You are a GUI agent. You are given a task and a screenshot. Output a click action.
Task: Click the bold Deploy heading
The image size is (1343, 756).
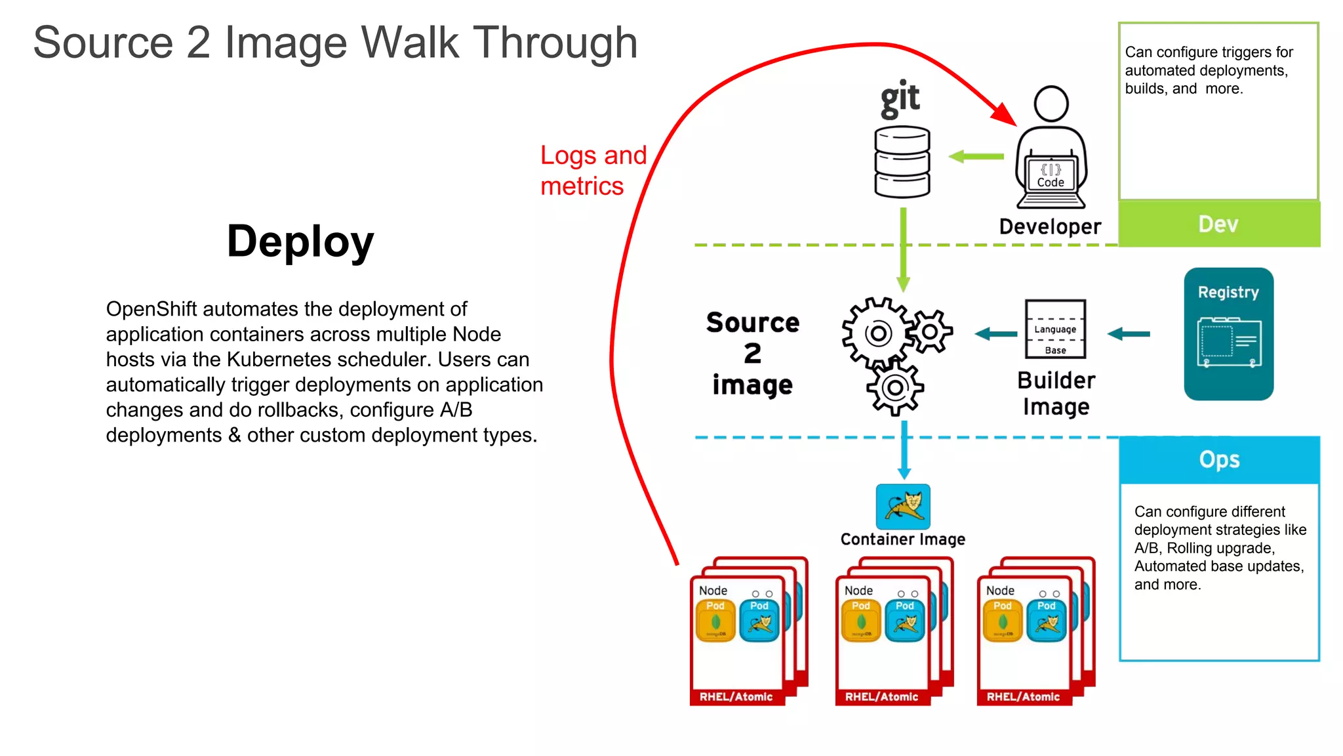tap(300, 241)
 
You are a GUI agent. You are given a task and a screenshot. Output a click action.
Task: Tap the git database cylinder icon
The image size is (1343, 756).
tap(902, 162)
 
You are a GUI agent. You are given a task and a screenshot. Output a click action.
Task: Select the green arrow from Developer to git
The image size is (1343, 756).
tap(976, 157)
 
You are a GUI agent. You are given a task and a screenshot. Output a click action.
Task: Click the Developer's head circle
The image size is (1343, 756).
tap(1051, 104)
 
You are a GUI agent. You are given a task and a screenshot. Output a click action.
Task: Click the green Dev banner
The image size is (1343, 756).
tap(1218, 224)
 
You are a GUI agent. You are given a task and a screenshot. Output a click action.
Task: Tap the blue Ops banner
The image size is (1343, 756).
tap(1219, 459)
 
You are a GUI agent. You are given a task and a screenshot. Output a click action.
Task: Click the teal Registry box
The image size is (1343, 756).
tap(1228, 333)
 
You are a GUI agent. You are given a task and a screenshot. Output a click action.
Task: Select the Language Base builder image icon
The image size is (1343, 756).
tap(1055, 329)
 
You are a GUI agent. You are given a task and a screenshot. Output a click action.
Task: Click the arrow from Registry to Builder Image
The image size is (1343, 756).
tap(1129, 334)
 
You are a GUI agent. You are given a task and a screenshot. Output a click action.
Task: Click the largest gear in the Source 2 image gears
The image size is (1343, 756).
tap(877, 333)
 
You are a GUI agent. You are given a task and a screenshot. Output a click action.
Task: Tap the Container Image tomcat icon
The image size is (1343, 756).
tap(903, 507)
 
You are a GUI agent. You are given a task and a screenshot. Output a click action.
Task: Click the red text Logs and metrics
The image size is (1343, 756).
tap(593, 170)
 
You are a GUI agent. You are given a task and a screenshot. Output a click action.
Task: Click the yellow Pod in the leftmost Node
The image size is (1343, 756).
tap(715, 620)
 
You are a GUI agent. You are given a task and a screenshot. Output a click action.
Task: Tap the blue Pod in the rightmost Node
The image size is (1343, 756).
tap(1046, 620)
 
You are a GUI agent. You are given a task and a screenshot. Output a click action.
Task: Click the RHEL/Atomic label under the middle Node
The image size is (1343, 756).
tap(881, 696)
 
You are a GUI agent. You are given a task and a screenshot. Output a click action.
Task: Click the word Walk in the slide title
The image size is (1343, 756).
tap(410, 43)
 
